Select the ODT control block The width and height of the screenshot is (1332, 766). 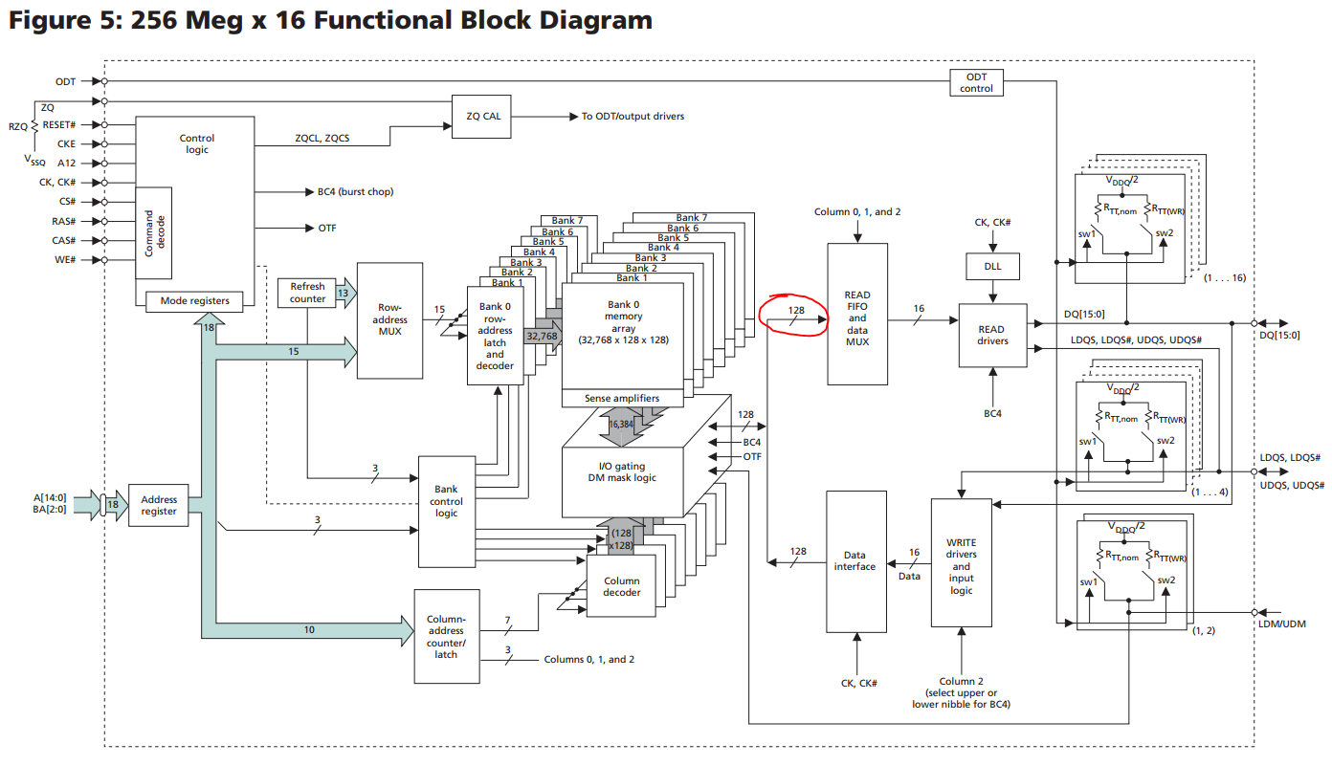976,82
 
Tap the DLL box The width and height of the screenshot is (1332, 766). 992,266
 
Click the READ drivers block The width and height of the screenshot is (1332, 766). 992,335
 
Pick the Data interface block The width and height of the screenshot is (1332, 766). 855,561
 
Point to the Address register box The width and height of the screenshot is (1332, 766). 159,505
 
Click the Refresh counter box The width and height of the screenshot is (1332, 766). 307,293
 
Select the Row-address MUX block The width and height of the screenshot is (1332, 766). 389,320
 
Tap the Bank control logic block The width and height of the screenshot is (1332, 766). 446,501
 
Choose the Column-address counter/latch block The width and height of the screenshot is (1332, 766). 446,636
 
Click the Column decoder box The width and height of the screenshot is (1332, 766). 621,586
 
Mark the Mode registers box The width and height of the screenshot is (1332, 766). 195,301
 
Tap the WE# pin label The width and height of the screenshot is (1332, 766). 65,260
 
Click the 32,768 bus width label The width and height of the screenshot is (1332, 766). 542,336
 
